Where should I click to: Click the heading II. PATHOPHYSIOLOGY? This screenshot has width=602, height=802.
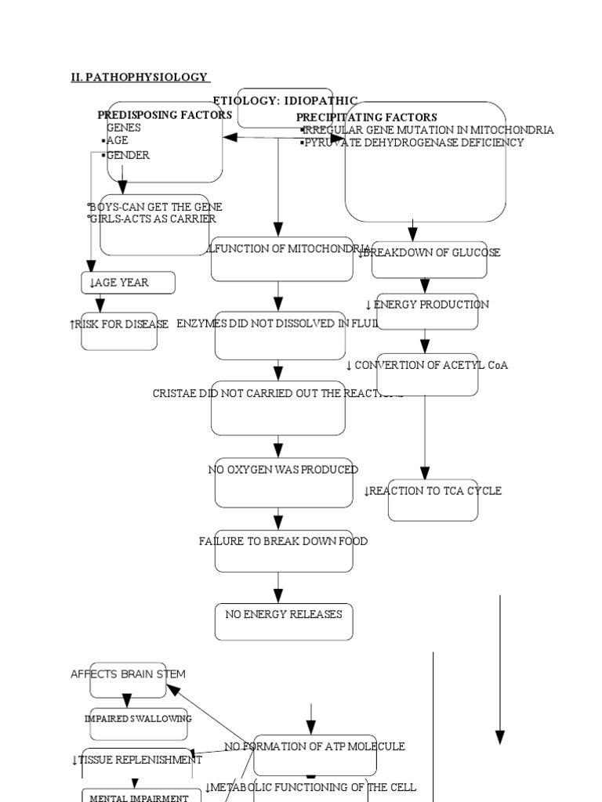pyautogui.click(x=140, y=77)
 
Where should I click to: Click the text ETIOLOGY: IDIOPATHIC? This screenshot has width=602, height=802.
pyautogui.click(x=285, y=101)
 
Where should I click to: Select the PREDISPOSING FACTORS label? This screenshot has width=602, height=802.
pyautogui.click(x=165, y=114)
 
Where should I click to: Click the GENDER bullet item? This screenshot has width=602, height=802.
pyautogui.click(x=128, y=155)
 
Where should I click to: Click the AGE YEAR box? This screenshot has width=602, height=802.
pyautogui.click(x=128, y=283)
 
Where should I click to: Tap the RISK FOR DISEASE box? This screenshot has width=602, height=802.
pyautogui.click(x=119, y=324)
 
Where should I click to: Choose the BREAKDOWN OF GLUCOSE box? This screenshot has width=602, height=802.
pyautogui.click(x=429, y=253)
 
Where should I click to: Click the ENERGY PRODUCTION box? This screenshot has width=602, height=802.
pyautogui.click(x=426, y=305)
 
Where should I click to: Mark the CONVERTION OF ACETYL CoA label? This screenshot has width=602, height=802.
pyautogui.click(x=426, y=365)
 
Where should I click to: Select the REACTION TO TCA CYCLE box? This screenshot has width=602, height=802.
pyautogui.click(x=433, y=491)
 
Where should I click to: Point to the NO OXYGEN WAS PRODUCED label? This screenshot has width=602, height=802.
pyautogui.click(x=283, y=470)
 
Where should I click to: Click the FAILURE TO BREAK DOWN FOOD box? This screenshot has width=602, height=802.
pyautogui.click(x=283, y=541)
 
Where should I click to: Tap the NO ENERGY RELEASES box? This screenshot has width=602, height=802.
pyautogui.click(x=284, y=615)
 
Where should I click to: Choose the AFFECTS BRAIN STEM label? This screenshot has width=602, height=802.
pyautogui.click(x=128, y=674)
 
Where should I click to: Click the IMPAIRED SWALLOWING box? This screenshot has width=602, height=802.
pyautogui.click(x=139, y=718)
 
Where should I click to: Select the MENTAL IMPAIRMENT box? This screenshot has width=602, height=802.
pyautogui.click(x=139, y=797)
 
